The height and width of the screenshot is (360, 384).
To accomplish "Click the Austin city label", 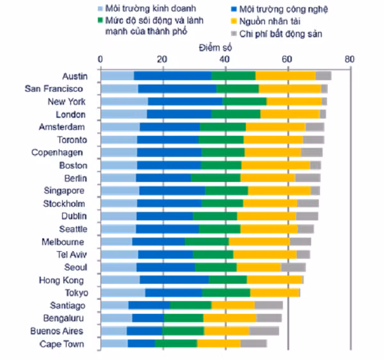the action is [x=75, y=76].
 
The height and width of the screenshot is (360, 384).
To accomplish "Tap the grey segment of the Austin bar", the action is [x=323, y=76].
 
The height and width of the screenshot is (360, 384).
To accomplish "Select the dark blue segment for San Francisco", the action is [x=177, y=88].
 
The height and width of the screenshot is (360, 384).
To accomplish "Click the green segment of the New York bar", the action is [x=244, y=101].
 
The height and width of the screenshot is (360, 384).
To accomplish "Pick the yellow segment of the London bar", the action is [x=290, y=114].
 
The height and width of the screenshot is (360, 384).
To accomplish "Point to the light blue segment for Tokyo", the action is [x=123, y=293].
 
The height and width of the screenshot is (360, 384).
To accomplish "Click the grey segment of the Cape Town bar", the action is [x=253, y=343].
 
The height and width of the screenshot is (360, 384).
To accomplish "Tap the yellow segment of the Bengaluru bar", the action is [x=230, y=318].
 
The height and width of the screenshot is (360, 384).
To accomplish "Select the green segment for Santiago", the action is [x=191, y=305].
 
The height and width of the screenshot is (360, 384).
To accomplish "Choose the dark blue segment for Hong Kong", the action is [x=174, y=280].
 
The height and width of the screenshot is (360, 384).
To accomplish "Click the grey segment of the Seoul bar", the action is [x=293, y=267].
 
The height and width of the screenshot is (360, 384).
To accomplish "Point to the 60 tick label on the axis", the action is [x=287, y=60].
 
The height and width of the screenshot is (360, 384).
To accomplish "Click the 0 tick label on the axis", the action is [x=100, y=60].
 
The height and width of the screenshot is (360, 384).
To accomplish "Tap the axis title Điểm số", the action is [x=215, y=47].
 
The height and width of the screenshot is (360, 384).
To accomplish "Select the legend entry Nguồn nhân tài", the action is [x=270, y=21].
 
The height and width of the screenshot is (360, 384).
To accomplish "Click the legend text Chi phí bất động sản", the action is [x=281, y=34].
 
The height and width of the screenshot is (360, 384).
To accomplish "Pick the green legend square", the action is [x=100, y=20].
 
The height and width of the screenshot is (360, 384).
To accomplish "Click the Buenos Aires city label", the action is [x=56, y=331].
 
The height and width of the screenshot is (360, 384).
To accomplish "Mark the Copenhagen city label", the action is [x=57, y=152].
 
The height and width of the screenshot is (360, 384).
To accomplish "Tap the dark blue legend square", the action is [x=234, y=10].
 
